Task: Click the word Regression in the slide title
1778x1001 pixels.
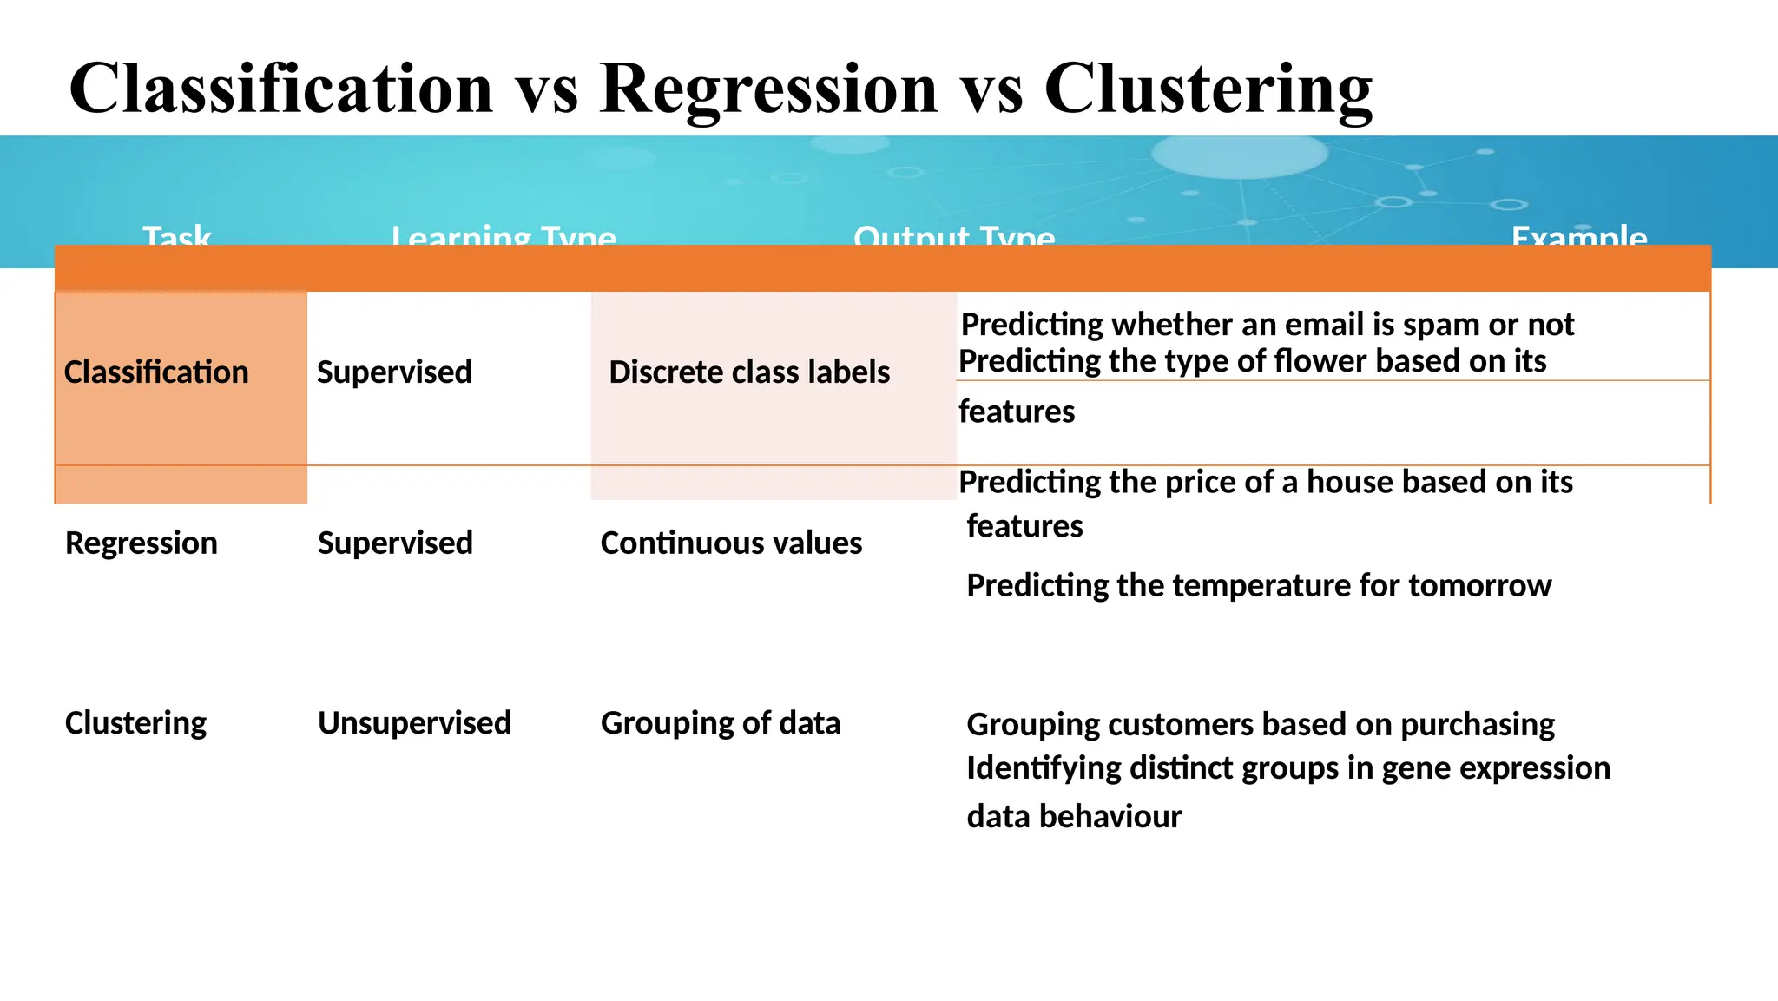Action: tap(768, 89)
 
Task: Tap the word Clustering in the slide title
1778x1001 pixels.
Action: tap(1208, 89)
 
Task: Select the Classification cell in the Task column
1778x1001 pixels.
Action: tap(156, 372)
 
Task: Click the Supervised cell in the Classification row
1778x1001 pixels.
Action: tap(394, 372)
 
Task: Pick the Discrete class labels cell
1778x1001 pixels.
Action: tap(749, 372)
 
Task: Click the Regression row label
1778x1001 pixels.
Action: tap(142, 543)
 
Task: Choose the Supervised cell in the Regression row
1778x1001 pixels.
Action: tap(395, 543)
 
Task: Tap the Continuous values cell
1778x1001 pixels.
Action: tap(731, 543)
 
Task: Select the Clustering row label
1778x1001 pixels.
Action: tap(135, 723)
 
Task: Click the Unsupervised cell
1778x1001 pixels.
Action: tap(414, 723)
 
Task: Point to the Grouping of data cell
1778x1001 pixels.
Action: tap(721, 723)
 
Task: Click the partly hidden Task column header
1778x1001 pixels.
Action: tap(177, 235)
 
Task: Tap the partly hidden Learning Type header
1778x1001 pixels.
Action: tap(504, 235)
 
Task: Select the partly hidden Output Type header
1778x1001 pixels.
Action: tap(954, 235)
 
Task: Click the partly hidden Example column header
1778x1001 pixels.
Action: tap(1579, 235)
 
